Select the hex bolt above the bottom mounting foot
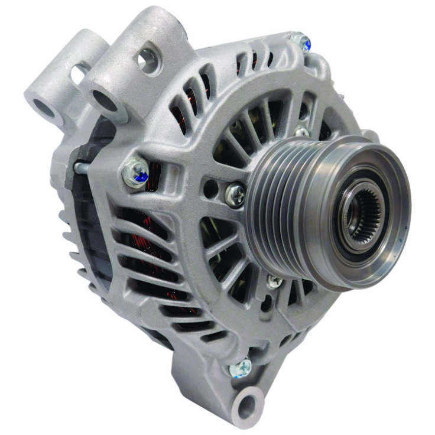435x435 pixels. coord(241,369)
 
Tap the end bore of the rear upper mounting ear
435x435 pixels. coord(43,107)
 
